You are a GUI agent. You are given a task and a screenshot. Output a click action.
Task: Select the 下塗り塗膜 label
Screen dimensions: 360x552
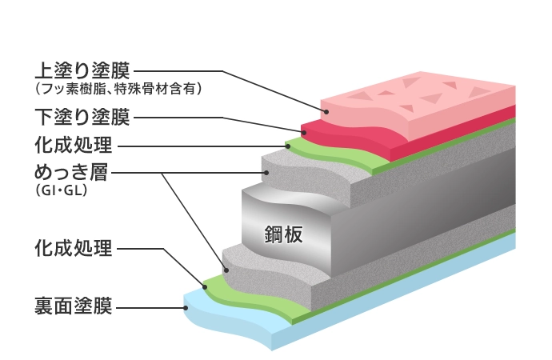pos(80,118)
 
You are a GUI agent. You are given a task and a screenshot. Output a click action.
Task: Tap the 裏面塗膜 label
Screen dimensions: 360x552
pos(72,306)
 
